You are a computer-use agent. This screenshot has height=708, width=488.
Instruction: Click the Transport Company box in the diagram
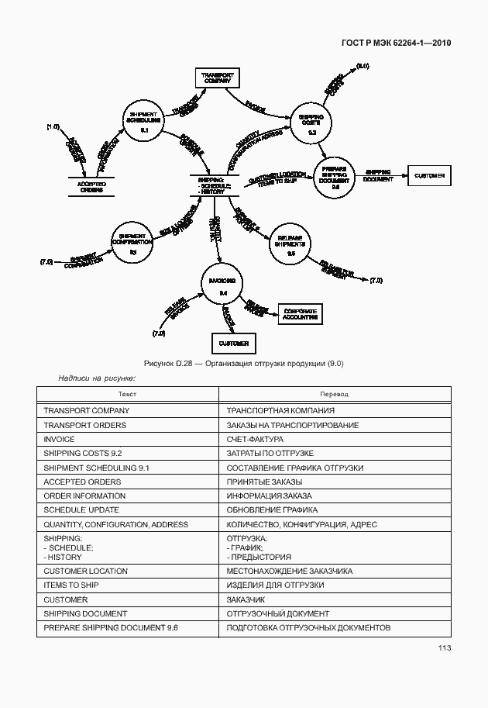pos(218,78)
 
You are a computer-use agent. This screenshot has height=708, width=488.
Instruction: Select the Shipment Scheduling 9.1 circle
pos(145,119)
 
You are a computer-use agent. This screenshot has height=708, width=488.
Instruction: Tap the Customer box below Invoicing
pos(233,343)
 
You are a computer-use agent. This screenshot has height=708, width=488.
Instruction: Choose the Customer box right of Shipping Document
pos(430,176)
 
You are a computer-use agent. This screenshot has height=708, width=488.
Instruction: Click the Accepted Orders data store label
pos(91,186)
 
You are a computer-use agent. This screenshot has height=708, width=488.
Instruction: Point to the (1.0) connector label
pos(53,126)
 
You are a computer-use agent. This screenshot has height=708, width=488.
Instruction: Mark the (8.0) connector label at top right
pos(362,66)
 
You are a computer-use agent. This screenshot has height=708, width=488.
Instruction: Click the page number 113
pos(444,648)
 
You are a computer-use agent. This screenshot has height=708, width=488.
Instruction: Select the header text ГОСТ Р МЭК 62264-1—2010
pos(396,43)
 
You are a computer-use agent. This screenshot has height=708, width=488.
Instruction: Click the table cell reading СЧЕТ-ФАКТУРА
pos(250,440)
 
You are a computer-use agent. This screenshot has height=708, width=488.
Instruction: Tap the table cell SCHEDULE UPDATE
pos(81,510)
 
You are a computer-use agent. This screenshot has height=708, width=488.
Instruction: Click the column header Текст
pos(128,395)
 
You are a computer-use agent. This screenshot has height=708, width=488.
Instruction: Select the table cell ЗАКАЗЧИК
pos(244,599)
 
